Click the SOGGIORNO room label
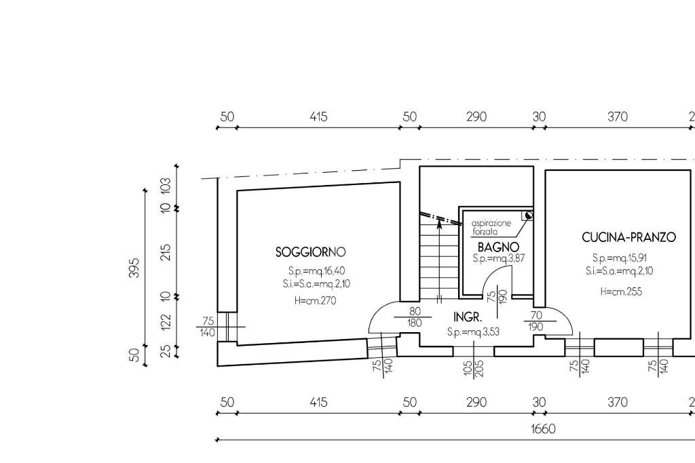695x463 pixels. click(310, 252)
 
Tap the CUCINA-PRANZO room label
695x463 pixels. click(628, 237)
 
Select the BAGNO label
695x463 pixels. click(498, 247)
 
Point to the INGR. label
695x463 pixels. click(468, 317)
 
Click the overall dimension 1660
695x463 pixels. click(543, 429)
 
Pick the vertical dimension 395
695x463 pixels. click(134, 267)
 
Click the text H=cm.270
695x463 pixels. click(315, 301)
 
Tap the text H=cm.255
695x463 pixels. click(621, 291)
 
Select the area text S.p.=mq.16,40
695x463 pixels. click(316, 270)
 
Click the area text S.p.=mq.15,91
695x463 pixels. click(620, 258)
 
